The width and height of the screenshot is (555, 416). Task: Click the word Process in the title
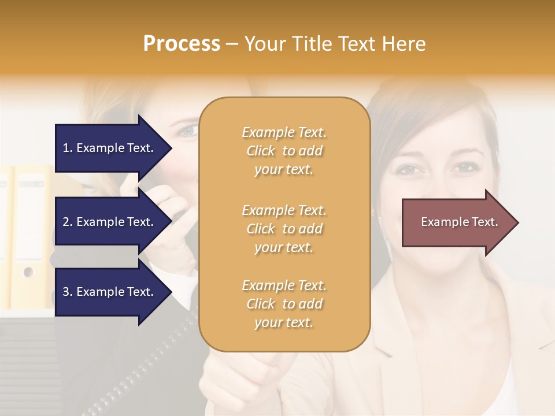coord(182,44)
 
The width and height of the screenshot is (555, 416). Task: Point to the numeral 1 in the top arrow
coord(66,148)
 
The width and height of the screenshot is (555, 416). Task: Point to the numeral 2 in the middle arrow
coord(66,222)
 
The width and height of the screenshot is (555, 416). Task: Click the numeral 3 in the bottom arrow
coord(66,292)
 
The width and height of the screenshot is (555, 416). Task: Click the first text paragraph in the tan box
coord(284,151)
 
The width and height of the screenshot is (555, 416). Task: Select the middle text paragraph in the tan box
coord(284,229)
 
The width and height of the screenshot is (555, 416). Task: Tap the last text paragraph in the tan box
coord(284,304)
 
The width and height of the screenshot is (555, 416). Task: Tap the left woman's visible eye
coord(188,131)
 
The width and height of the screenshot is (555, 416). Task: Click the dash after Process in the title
coord(232,44)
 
